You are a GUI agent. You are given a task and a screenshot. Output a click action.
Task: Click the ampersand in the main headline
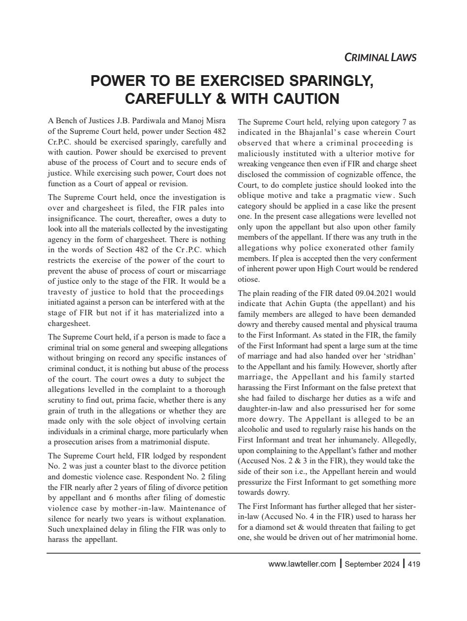tap(221, 99)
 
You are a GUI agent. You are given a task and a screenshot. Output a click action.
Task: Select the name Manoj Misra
tap(205, 121)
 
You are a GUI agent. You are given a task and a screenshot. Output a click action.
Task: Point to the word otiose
tap(249, 279)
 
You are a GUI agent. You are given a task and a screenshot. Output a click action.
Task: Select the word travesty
tap(64, 292)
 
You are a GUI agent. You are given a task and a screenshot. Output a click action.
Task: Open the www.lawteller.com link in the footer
tap(302, 564)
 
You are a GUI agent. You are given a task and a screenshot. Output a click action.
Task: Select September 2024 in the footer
tap(372, 564)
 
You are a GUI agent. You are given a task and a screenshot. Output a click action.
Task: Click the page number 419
tap(413, 564)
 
